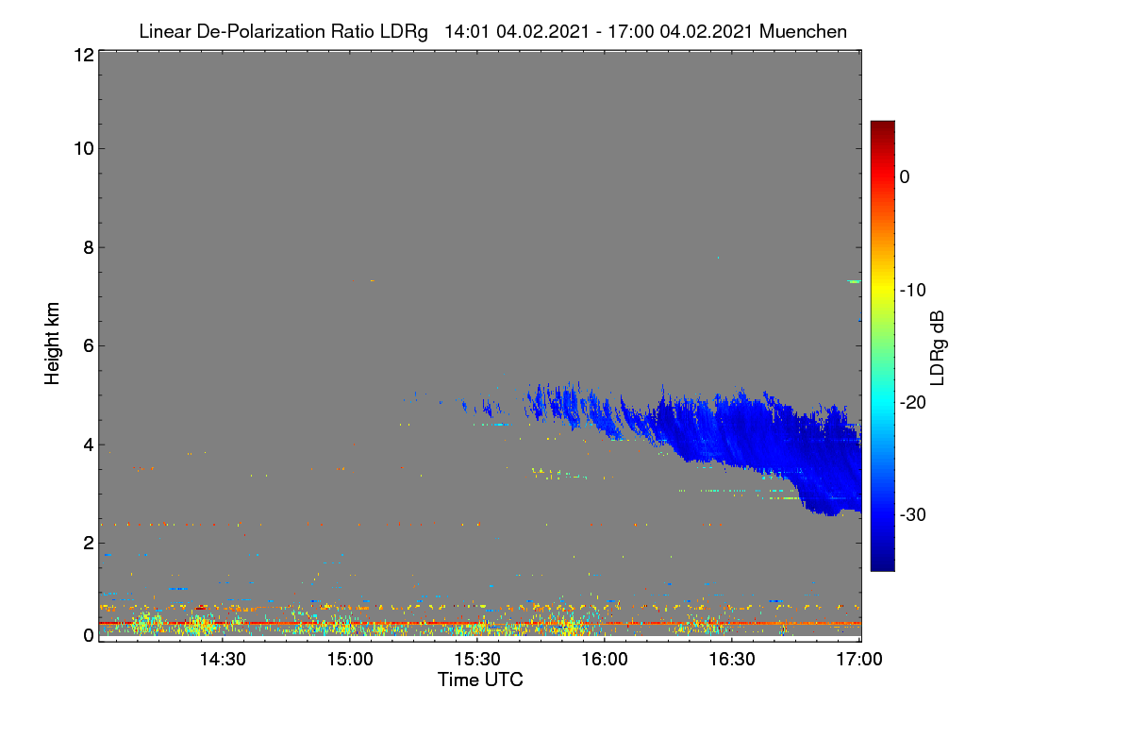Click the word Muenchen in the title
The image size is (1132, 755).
[803, 32]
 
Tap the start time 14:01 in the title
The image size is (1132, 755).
[467, 32]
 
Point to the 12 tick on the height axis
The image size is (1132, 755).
[84, 55]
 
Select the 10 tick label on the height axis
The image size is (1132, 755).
[84, 149]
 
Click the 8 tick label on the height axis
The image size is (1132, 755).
[89, 247]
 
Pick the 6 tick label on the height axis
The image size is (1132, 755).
[89, 346]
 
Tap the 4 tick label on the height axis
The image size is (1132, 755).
[89, 445]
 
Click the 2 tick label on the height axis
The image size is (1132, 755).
[89, 543]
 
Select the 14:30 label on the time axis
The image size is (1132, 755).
[223, 660]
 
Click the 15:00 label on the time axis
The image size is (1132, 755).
[350, 660]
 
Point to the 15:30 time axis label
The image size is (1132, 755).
[477, 660]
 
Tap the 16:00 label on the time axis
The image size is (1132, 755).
[605, 660]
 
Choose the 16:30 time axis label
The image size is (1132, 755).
[732, 660]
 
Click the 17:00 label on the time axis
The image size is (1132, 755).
[859, 660]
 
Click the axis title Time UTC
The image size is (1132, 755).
[480, 680]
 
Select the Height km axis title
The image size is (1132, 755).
[52, 344]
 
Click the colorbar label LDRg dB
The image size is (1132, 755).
[938, 348]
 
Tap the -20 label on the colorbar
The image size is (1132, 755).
[913, 403]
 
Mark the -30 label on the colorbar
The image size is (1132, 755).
[913, 515]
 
